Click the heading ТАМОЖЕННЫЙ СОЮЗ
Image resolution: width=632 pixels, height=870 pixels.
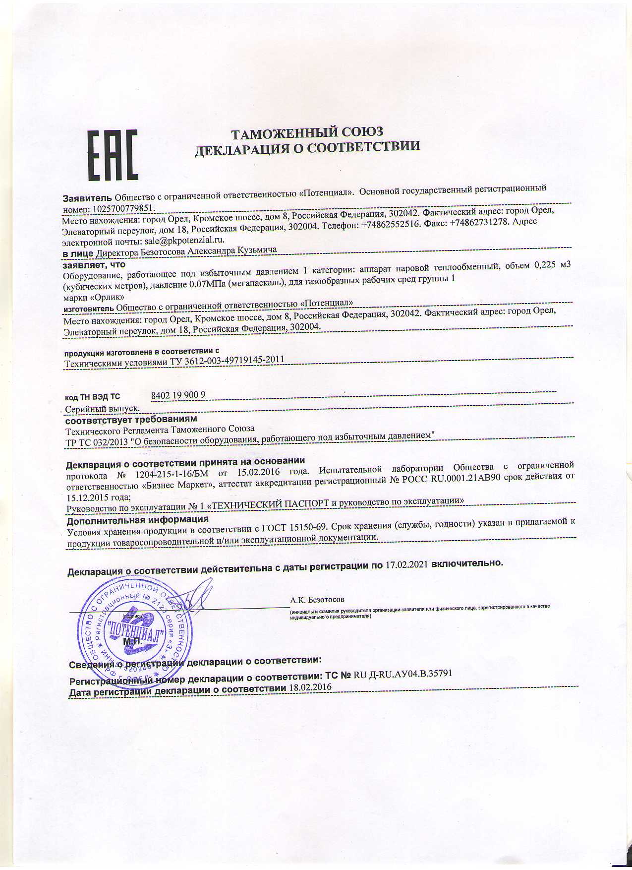tap(307, 132)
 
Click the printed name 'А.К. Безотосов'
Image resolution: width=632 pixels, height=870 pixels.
tap(317, 600)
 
